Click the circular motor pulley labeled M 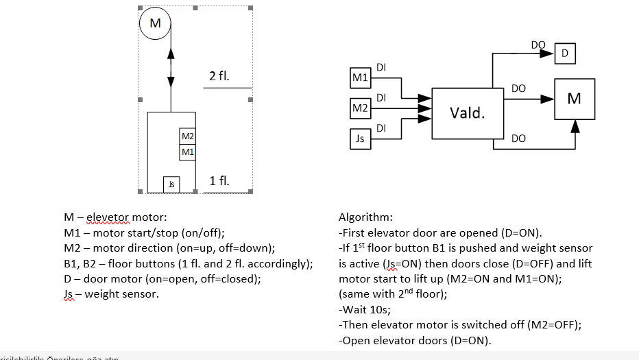click(x=156, y=24)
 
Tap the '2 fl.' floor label click(x=219, y=76)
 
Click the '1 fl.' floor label click(x=219, y=181)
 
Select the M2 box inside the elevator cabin click(x=187, y=136)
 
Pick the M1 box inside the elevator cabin click(x=187, y=152)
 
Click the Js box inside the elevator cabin click(x=171, y=184)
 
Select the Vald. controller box click(x=467, y=113)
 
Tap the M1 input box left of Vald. click(x=360, y=78)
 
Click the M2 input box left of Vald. click(x=360, y=108)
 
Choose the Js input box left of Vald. click(x=360, y=139)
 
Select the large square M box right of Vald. click(x=574, y=99)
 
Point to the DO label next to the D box click(x=538, y=45)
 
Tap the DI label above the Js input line click(x=381, y=128)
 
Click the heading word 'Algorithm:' click(x=365, y=217)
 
